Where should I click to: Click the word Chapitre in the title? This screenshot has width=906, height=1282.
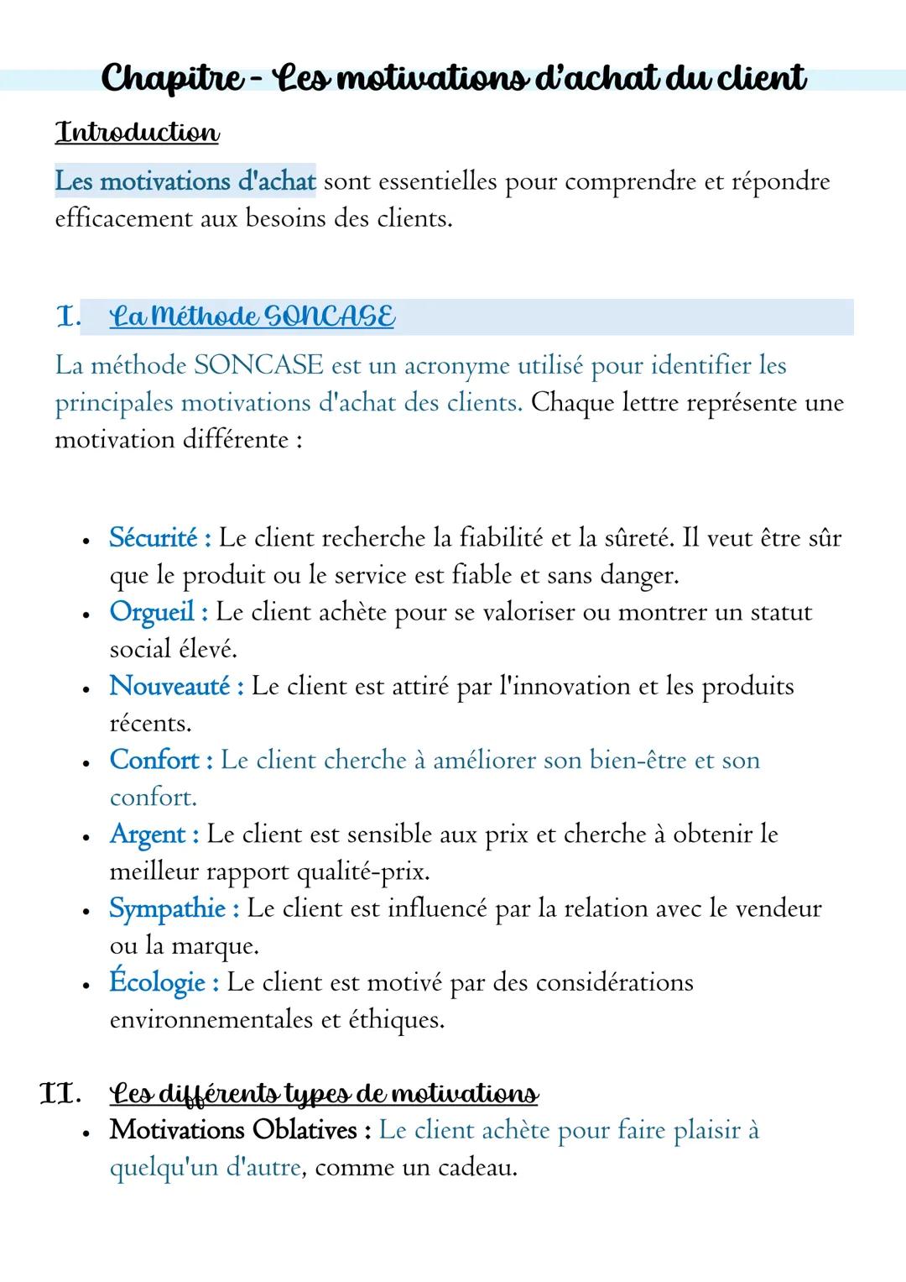coord(173,78)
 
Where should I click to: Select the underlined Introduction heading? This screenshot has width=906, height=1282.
coord(137,133)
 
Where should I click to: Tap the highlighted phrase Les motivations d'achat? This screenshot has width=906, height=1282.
coord(185,181)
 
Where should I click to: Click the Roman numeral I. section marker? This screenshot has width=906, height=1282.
coord(67,317)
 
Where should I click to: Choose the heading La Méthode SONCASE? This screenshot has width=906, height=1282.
coord(252,317)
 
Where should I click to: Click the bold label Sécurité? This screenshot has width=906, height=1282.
coord(154,538)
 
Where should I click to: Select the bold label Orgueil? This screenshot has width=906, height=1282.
coord(153,612)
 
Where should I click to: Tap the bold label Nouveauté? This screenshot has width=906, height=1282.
coord(170,686)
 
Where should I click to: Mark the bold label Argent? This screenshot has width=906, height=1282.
coord(148,835)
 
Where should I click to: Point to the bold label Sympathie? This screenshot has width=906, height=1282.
coord(168,908)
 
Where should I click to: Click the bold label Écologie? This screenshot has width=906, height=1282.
coord(158,982)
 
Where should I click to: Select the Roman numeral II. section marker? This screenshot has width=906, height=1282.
coord(60,1094)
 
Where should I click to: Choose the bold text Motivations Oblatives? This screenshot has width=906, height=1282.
coord(234,1130)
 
